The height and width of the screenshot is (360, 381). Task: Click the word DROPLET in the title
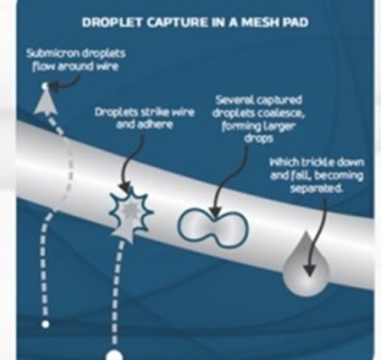click(112, 23)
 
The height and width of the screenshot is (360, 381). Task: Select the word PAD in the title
click(295, 23)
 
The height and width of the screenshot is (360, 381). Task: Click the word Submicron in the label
click(53, 53)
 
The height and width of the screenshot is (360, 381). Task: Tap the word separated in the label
click(317, 188)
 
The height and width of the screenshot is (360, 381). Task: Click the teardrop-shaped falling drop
click(306, 264)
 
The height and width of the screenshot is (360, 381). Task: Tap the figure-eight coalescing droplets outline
click(213, 228)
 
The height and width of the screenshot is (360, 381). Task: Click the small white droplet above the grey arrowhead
click(45, 87)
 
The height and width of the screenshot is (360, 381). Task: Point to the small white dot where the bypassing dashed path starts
click(46, 324)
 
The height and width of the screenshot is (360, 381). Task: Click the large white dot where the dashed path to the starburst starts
click(114, 354)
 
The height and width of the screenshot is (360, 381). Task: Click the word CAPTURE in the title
click(177, 23)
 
